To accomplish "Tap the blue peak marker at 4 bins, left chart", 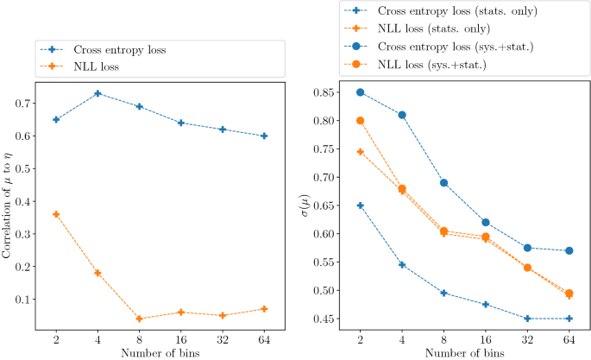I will pyautogui.click(x=97, y=93).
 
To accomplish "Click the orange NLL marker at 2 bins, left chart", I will pyautogui.click(x=56, y=214).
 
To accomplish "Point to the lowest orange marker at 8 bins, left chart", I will pyautogui.click(x=139, y=319).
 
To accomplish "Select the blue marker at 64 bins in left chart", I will pyautogui.click(x=264, y=136).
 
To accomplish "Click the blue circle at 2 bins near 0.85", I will pyautogui.click(x=360, y=92).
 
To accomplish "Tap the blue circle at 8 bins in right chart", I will pyautogui.click(x=444, y=183).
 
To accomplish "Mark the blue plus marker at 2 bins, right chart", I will pyautogui.click(x=360, y=205).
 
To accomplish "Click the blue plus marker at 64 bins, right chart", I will pyautogui.click(x=570, y=319).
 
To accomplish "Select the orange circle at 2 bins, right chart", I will pyautogui.click(x=360, y=121).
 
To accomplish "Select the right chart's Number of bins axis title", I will pyautogui.click(x=465, y=353).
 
